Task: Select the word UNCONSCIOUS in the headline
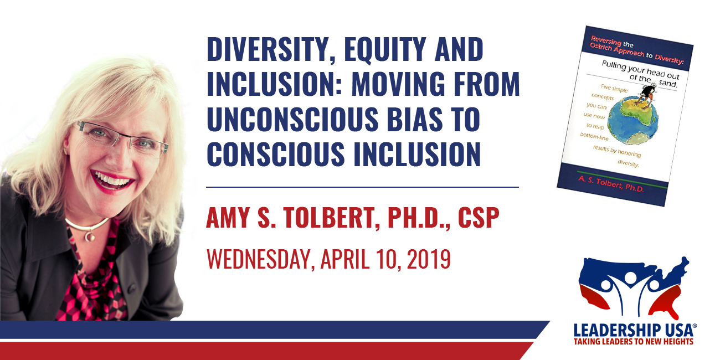292,119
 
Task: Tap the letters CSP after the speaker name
479,218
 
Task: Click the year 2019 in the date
429,259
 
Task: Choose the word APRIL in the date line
344,259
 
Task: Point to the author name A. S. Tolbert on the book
611,184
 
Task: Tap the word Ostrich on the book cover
600,47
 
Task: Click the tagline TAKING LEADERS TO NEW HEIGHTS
634,341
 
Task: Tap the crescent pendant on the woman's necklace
89,236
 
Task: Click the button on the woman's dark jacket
131,289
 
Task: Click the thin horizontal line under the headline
363,187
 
